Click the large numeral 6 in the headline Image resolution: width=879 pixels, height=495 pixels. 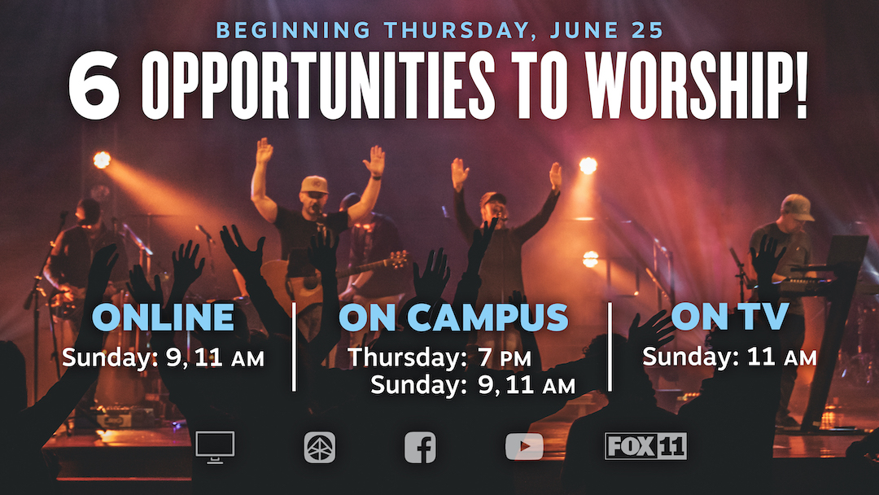(x=94, y=85)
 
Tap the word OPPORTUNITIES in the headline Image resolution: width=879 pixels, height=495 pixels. (x=318, y=85)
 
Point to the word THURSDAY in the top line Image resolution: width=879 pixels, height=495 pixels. (x=457, y=30)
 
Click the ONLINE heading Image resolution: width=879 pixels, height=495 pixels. (x=163, y=318)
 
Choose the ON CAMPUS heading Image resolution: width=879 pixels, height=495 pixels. (x=453, y=318)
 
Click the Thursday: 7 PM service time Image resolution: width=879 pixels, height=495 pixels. (x=439, y=357)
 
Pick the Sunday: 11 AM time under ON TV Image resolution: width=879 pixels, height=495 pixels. (x=729, y=357)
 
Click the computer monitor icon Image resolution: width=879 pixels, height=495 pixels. (x=215, y=447)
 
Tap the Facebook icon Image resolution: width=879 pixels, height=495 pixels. (x=421, y=447)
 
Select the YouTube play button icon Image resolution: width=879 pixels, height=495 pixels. (x=524, y=447)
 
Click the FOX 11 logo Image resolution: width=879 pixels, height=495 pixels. (x=645, y=446)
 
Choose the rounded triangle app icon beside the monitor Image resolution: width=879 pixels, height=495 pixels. (x=320, y=447)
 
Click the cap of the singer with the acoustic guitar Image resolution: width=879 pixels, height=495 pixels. (x=314, y=185)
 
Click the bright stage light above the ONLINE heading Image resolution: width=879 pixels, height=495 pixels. (x=102, y=160)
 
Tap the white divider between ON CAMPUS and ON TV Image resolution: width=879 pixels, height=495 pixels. (x=610, y=347)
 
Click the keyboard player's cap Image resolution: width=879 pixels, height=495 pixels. (x=797, y=207)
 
